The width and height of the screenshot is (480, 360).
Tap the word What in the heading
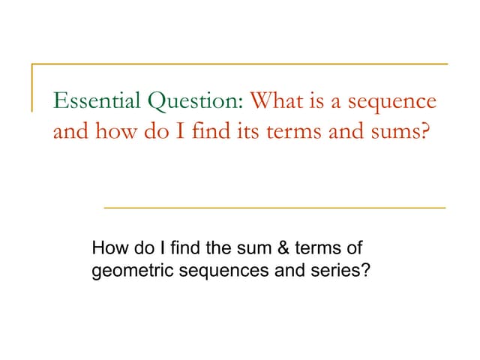(275, 100)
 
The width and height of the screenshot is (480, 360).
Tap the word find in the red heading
(192, 133)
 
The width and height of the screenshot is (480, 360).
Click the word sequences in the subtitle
(219, 269)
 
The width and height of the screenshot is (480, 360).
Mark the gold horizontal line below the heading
(274, 206)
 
